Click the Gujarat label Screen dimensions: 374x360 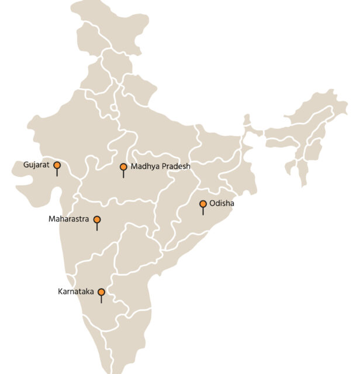click(37, 165)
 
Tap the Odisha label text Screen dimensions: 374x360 click(223, 203)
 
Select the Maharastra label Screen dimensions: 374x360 click(68, 220)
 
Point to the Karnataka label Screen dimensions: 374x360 click(77, 291)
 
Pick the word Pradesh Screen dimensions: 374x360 click(174, 167)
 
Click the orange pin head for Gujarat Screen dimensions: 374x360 click(57, 165)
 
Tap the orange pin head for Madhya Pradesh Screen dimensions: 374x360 click(123, 167)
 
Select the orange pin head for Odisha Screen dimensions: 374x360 click(203, 204)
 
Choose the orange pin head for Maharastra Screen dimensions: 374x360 click(97, 220)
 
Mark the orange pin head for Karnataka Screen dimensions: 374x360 click(101, 292)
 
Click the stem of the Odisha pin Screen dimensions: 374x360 click(203, 211)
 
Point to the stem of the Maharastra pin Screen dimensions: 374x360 click(97, 227)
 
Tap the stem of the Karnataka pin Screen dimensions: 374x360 click(101, 299)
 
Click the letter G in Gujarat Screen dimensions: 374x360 click(26, 165)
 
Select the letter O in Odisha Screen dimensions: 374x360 click(212, 203)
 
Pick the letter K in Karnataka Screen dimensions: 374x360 click(60, 291)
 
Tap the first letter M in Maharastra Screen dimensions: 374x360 click(51, 220)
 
